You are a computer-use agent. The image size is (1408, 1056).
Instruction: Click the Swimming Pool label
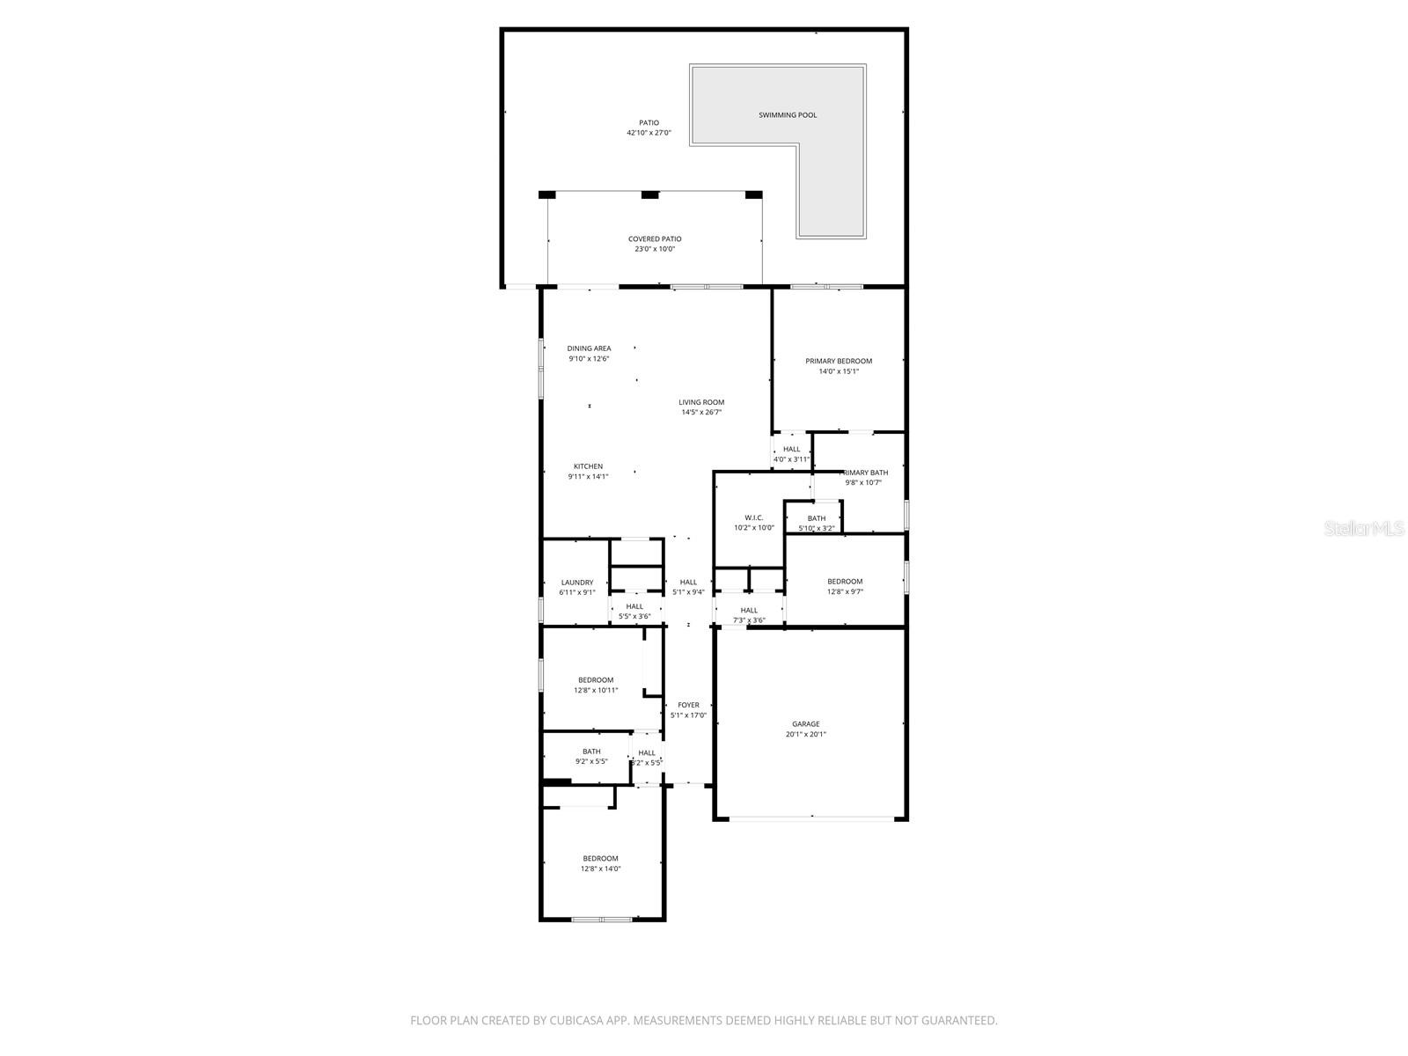tap(788, 115)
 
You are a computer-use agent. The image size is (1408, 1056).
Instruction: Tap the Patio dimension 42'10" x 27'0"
tap(649, 133)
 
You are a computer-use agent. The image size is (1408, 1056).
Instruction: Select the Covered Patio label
tap(655, 238)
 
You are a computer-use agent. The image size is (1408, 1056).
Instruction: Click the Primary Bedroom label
tap(839, 361)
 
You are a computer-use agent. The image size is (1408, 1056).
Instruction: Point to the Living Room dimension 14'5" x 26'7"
tap(701, 413)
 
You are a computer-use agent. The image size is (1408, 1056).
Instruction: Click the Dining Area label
tap(589, 348)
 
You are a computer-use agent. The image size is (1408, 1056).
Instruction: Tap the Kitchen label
tap(588, 466)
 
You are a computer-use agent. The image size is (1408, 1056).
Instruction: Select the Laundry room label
tap(577, 583)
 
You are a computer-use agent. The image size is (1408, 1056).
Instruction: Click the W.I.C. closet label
tap(754, 517)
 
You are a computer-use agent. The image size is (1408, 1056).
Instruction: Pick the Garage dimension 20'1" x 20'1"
tap(806, 735)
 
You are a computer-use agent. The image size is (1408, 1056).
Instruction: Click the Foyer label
tap(688, 705)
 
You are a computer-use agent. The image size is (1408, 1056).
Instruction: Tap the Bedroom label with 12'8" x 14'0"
tap(600, 858)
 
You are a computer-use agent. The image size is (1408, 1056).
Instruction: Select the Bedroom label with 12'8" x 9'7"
tap(845, 581)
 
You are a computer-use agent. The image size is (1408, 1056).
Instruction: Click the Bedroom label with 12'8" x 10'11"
tap(596, 679)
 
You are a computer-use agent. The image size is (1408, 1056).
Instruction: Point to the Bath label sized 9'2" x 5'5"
tap(591, 752)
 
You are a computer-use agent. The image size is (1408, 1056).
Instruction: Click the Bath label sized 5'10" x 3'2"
tap(817, 518)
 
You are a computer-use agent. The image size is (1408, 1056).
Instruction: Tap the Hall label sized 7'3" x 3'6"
tap(749, 610)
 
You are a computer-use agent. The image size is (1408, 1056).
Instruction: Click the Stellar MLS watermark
tap(1364, 528)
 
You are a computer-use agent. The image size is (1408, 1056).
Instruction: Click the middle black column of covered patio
tap(649, 195)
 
